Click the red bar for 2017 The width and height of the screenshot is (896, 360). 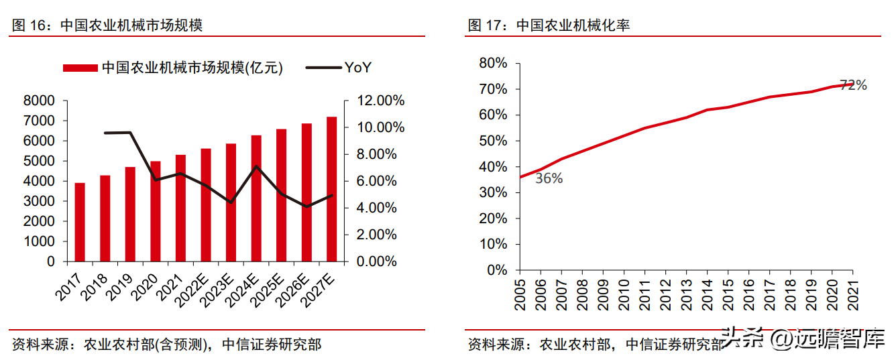click(x=80, y=222)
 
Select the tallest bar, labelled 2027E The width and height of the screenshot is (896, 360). click(x=331, y=189)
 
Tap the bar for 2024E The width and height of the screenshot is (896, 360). click(x=256, y=198)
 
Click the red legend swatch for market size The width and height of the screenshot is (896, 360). click(x=80, y=68)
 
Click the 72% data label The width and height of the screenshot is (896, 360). click(x=853, y=85)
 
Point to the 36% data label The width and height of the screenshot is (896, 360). click(x=549, y=178)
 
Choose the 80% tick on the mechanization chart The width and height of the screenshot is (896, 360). click(x=492, y=63)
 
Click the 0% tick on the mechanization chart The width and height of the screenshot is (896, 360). click(x=496, y=270)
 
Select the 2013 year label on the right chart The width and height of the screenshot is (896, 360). click(x=686, y=293)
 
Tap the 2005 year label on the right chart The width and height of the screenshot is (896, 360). click(x=520, y=293)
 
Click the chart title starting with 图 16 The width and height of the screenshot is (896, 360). click(x=107, y=25)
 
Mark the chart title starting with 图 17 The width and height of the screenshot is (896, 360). click(x=549, y=25)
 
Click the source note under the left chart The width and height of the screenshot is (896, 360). click(x=167, y=345)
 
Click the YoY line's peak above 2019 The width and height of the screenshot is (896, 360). click(x=130, y=132)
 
